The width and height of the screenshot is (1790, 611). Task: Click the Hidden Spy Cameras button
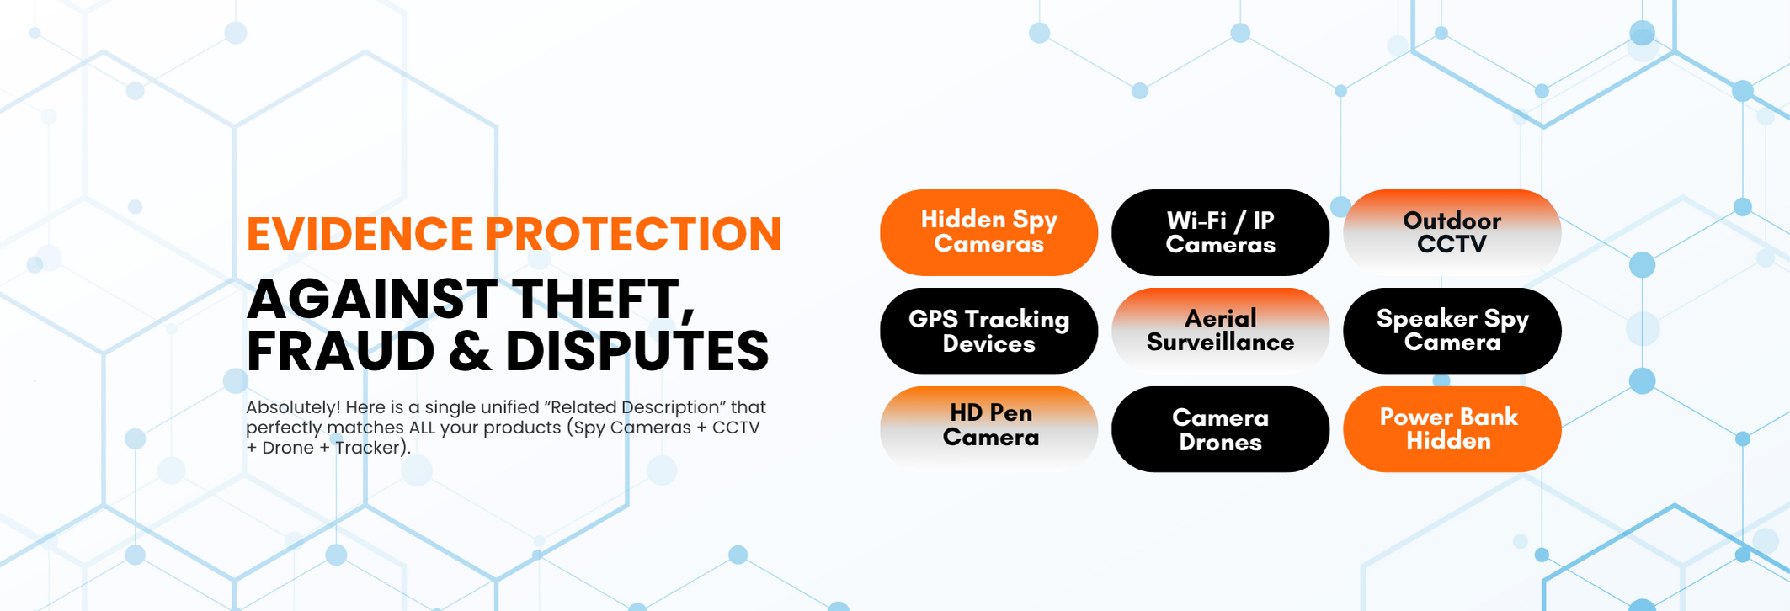coord(988,232)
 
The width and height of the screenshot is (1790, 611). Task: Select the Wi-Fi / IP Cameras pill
coord(1220,232)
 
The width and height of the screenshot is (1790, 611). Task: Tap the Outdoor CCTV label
coord(1452,232)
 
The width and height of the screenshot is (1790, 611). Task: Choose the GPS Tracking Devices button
coord(988,331)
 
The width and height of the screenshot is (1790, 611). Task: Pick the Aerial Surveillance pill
coord(1220,331)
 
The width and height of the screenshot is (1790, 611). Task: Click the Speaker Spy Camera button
coord(1452,331)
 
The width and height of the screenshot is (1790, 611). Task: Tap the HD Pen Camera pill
coord(988,429)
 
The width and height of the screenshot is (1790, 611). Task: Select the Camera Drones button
coord(1220,429)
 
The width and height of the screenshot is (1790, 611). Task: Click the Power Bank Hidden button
coord(1452,429)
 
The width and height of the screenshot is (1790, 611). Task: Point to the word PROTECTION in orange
coord(634,234)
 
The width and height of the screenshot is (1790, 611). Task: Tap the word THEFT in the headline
coord(605,300)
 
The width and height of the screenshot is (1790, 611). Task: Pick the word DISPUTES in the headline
coord(637,351)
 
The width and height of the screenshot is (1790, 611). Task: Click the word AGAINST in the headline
coord(372,300)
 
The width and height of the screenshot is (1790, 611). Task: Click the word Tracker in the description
coord(368,448)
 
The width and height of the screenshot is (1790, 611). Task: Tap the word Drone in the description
coord(288,448)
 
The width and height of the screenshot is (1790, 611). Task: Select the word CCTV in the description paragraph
coord(736,428)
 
